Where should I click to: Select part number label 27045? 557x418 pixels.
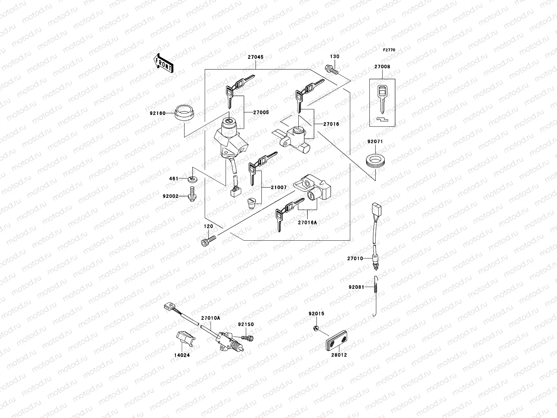[x=256, y=57]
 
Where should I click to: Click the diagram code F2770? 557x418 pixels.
[x=389, y=50]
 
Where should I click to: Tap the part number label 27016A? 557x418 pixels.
[x=307, y=222]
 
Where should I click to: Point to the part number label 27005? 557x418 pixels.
[x=261, y=113]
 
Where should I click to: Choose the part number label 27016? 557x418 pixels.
[x=331, y=124]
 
